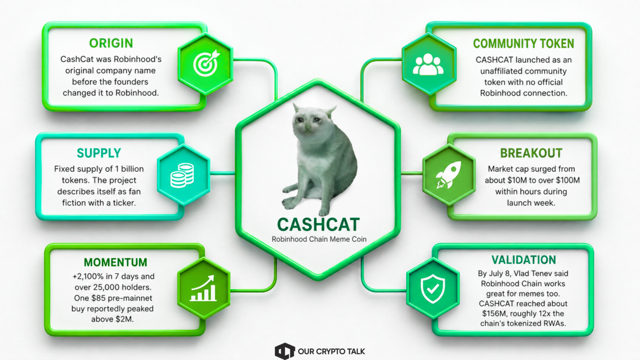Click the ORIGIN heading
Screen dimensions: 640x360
(111, 43)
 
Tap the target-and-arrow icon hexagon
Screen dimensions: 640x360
(205, 64)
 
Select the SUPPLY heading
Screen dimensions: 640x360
(99, 153)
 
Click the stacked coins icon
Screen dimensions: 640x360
(182, 175)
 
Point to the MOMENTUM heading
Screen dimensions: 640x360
(115, 262)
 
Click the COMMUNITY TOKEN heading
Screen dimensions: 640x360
(523, 44)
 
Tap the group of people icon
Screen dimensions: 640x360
(428, 64)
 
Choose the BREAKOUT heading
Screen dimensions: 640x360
(531, 153)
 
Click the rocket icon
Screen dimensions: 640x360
(449, 175)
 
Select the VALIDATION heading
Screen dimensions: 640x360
(524, 260)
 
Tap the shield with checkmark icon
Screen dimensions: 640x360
(432, 289)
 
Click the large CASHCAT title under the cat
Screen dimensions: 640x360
(318, 225)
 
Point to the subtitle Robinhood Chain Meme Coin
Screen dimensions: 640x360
(319, 239)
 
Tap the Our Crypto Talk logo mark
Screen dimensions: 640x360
(285, 351)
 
